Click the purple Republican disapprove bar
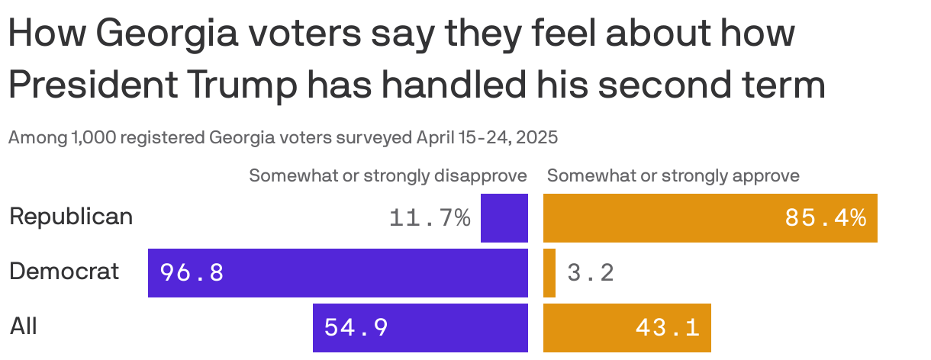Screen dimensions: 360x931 tap(504, 218)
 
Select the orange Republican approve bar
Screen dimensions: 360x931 tap(710, 218)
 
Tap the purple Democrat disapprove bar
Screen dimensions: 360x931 tap(337, 272)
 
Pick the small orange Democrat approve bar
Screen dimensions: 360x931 tap(549, 272)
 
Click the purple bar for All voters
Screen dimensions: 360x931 tap(420, 327)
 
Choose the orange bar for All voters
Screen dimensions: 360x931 tap(627, 327)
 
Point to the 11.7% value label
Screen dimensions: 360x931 tap(430, 219)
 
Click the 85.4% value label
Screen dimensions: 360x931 tap(825, 219)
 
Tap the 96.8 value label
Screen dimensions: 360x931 tap(192, 273)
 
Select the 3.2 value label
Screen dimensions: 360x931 tap(591, 273)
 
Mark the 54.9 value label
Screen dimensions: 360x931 tap(356, 328)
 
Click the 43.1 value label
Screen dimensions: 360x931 tap(667, 328)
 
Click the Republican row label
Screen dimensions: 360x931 tap(71, 217)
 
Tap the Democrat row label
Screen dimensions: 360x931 tap(64, 271)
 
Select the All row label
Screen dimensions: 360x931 tap(24, 326)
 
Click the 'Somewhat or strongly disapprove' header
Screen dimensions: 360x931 tap(388, 176)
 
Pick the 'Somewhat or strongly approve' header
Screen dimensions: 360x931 tap(673, 176)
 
